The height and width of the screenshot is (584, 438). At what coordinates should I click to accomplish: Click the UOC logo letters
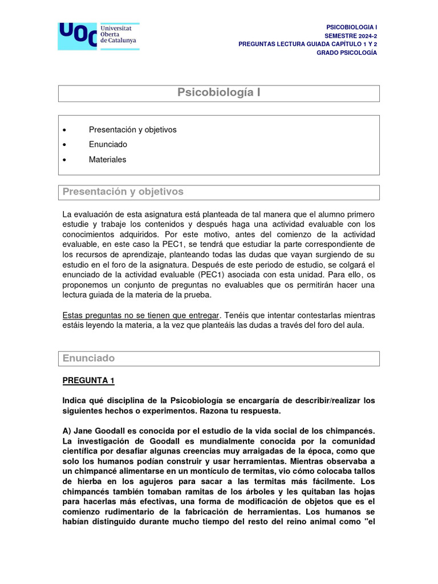tap(77, 35)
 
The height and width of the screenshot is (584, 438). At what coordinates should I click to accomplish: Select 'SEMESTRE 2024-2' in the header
tap(351, 35)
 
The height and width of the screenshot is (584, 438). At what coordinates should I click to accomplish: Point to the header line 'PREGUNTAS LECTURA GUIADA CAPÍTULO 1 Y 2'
tap(307, 44)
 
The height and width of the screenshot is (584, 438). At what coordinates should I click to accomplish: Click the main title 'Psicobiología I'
tap(219, 93)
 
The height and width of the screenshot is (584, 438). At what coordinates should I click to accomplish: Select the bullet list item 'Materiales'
tap(107, 160)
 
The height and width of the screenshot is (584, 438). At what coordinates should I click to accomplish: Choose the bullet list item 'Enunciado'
tap(108, 145)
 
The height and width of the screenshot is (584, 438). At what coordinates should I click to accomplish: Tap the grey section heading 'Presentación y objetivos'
tap(123, 192)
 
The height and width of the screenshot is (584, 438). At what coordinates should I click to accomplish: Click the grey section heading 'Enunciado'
tap(89, 358)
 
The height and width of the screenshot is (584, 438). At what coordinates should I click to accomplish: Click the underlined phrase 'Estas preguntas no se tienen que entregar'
tap(140, 315)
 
